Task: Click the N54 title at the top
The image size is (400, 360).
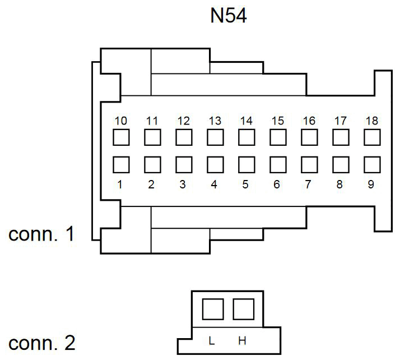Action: click(229, 16)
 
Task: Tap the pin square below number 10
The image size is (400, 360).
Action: click(121, 137)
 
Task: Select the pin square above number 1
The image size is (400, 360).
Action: click(121, 165)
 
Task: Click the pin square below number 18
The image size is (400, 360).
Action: click(372, 137)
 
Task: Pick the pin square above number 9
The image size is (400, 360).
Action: click(372, 165)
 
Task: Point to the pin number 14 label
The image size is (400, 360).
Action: click(246, 121)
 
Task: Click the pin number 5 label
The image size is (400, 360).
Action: click(245, 184)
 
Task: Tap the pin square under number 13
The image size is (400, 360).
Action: click(215, 137)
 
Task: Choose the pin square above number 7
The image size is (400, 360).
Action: click(309, 165)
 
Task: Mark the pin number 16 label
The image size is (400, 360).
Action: click(309, 121)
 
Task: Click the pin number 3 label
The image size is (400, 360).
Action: click(183, 184)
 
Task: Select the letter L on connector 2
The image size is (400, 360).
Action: click(211, 340)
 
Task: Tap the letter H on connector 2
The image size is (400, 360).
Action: click(242, 340)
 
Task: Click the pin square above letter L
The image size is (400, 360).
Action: click(213, 309)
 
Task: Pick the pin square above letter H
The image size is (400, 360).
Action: click(244, 309)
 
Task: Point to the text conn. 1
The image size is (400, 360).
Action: click(41, 234)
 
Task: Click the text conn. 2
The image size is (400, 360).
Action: click(42, 343)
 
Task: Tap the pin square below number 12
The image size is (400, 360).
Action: click(184, 137)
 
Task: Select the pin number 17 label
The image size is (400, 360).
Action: click(341, 121)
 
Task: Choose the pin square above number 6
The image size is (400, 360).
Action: click(278, 165)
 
